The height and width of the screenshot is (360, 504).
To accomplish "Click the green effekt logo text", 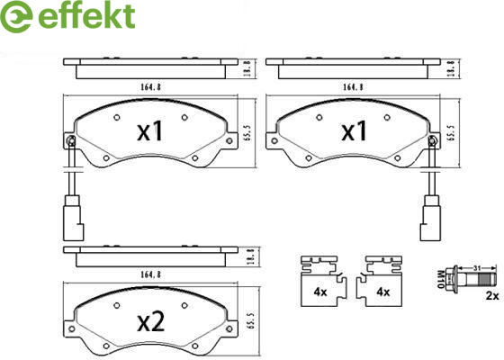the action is (86, 16).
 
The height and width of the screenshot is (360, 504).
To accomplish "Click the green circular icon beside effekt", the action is (16, 16).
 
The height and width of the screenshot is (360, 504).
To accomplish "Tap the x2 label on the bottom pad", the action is (151, 322).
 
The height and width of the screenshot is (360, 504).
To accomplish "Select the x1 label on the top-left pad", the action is (149, 131).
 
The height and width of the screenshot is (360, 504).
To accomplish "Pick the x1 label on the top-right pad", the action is (354, 131).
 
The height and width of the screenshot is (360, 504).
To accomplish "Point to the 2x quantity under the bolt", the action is (492, 296).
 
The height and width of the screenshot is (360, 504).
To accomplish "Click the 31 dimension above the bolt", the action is (477, 267).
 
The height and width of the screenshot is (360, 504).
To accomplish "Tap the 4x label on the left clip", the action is (320, 292).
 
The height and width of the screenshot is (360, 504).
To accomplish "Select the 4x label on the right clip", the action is (382, 292).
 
